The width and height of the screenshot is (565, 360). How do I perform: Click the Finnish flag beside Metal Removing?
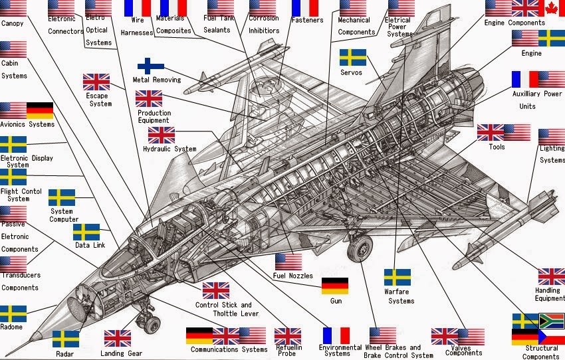[x=151, y=66]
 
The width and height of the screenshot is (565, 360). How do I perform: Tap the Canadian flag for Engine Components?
[x=552, y=8]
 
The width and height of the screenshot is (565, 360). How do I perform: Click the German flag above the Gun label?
[x=334, y=286]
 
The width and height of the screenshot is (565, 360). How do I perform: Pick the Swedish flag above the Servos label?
[x=352, y=57]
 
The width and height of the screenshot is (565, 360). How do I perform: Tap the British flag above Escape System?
[x=96, y=82]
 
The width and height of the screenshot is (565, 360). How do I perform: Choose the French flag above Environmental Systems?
[x=336, y=335]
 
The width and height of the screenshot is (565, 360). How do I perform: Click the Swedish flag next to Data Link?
[x=86, y=232]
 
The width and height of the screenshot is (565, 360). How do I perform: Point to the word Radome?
[x=11, y=327]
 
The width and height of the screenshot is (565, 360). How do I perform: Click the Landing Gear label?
[x=122, y=353]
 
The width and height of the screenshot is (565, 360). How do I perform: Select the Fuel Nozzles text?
[x=292, y=276]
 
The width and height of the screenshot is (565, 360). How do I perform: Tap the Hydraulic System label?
[x=169, y=149]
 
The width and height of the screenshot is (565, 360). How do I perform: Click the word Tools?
[x=497, y=147]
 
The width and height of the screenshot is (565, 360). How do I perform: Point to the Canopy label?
[x=13, y=23]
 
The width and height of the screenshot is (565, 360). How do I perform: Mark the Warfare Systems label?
[x=401, y=296]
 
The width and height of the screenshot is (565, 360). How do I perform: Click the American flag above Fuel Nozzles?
[x=288, y=261]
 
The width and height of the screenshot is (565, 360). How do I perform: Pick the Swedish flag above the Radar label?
[x=66, y=339]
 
